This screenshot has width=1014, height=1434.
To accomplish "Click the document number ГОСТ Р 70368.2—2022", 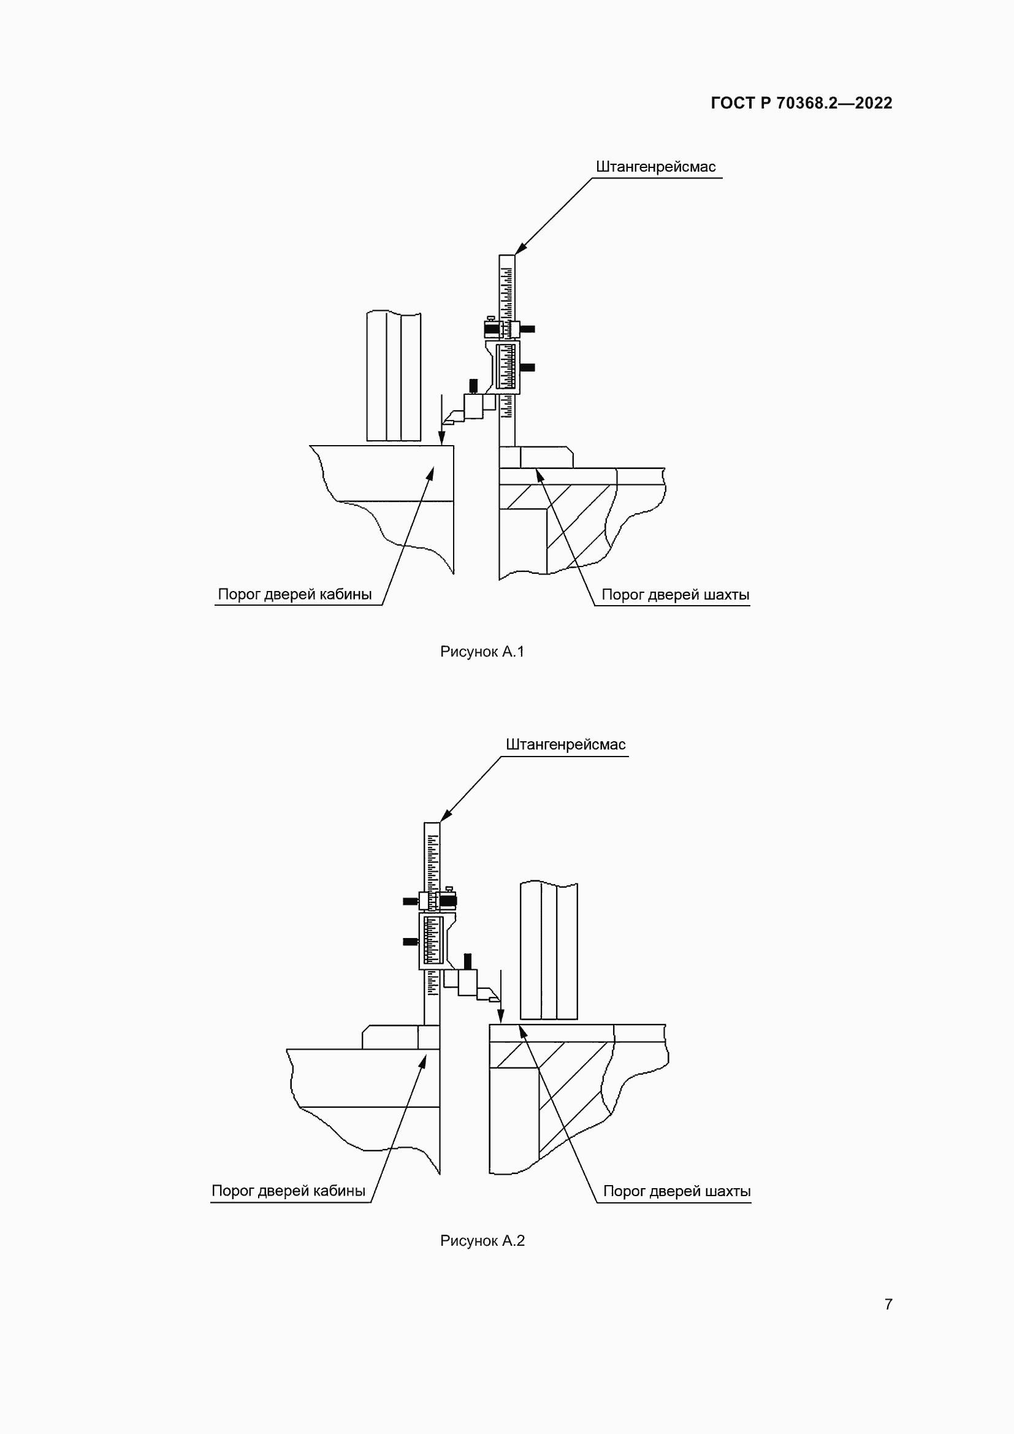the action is point(802,103).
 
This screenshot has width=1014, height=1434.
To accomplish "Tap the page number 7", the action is point(888,1304).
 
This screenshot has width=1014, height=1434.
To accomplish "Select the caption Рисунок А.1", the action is point(482,652).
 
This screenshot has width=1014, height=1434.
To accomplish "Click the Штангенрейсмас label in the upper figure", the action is point(655,167).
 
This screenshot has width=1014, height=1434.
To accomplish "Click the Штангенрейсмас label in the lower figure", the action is point(566,744).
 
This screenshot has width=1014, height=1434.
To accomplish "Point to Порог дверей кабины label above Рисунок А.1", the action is point(295,594).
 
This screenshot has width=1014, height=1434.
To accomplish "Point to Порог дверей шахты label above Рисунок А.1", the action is point(676,595).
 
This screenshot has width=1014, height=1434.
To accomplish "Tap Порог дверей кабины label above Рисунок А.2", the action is point(289,1191).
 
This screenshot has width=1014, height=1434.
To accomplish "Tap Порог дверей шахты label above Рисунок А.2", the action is point(677,1191).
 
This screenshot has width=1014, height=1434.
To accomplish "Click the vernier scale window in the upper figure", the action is point(507,367).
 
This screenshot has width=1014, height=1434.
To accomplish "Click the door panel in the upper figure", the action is point(394,376).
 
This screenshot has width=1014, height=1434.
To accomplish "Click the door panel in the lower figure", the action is point(549,951).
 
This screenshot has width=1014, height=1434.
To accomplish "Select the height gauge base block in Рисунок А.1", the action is point(536,457).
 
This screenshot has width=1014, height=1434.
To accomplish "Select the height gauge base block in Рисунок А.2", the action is point(401,1037).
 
